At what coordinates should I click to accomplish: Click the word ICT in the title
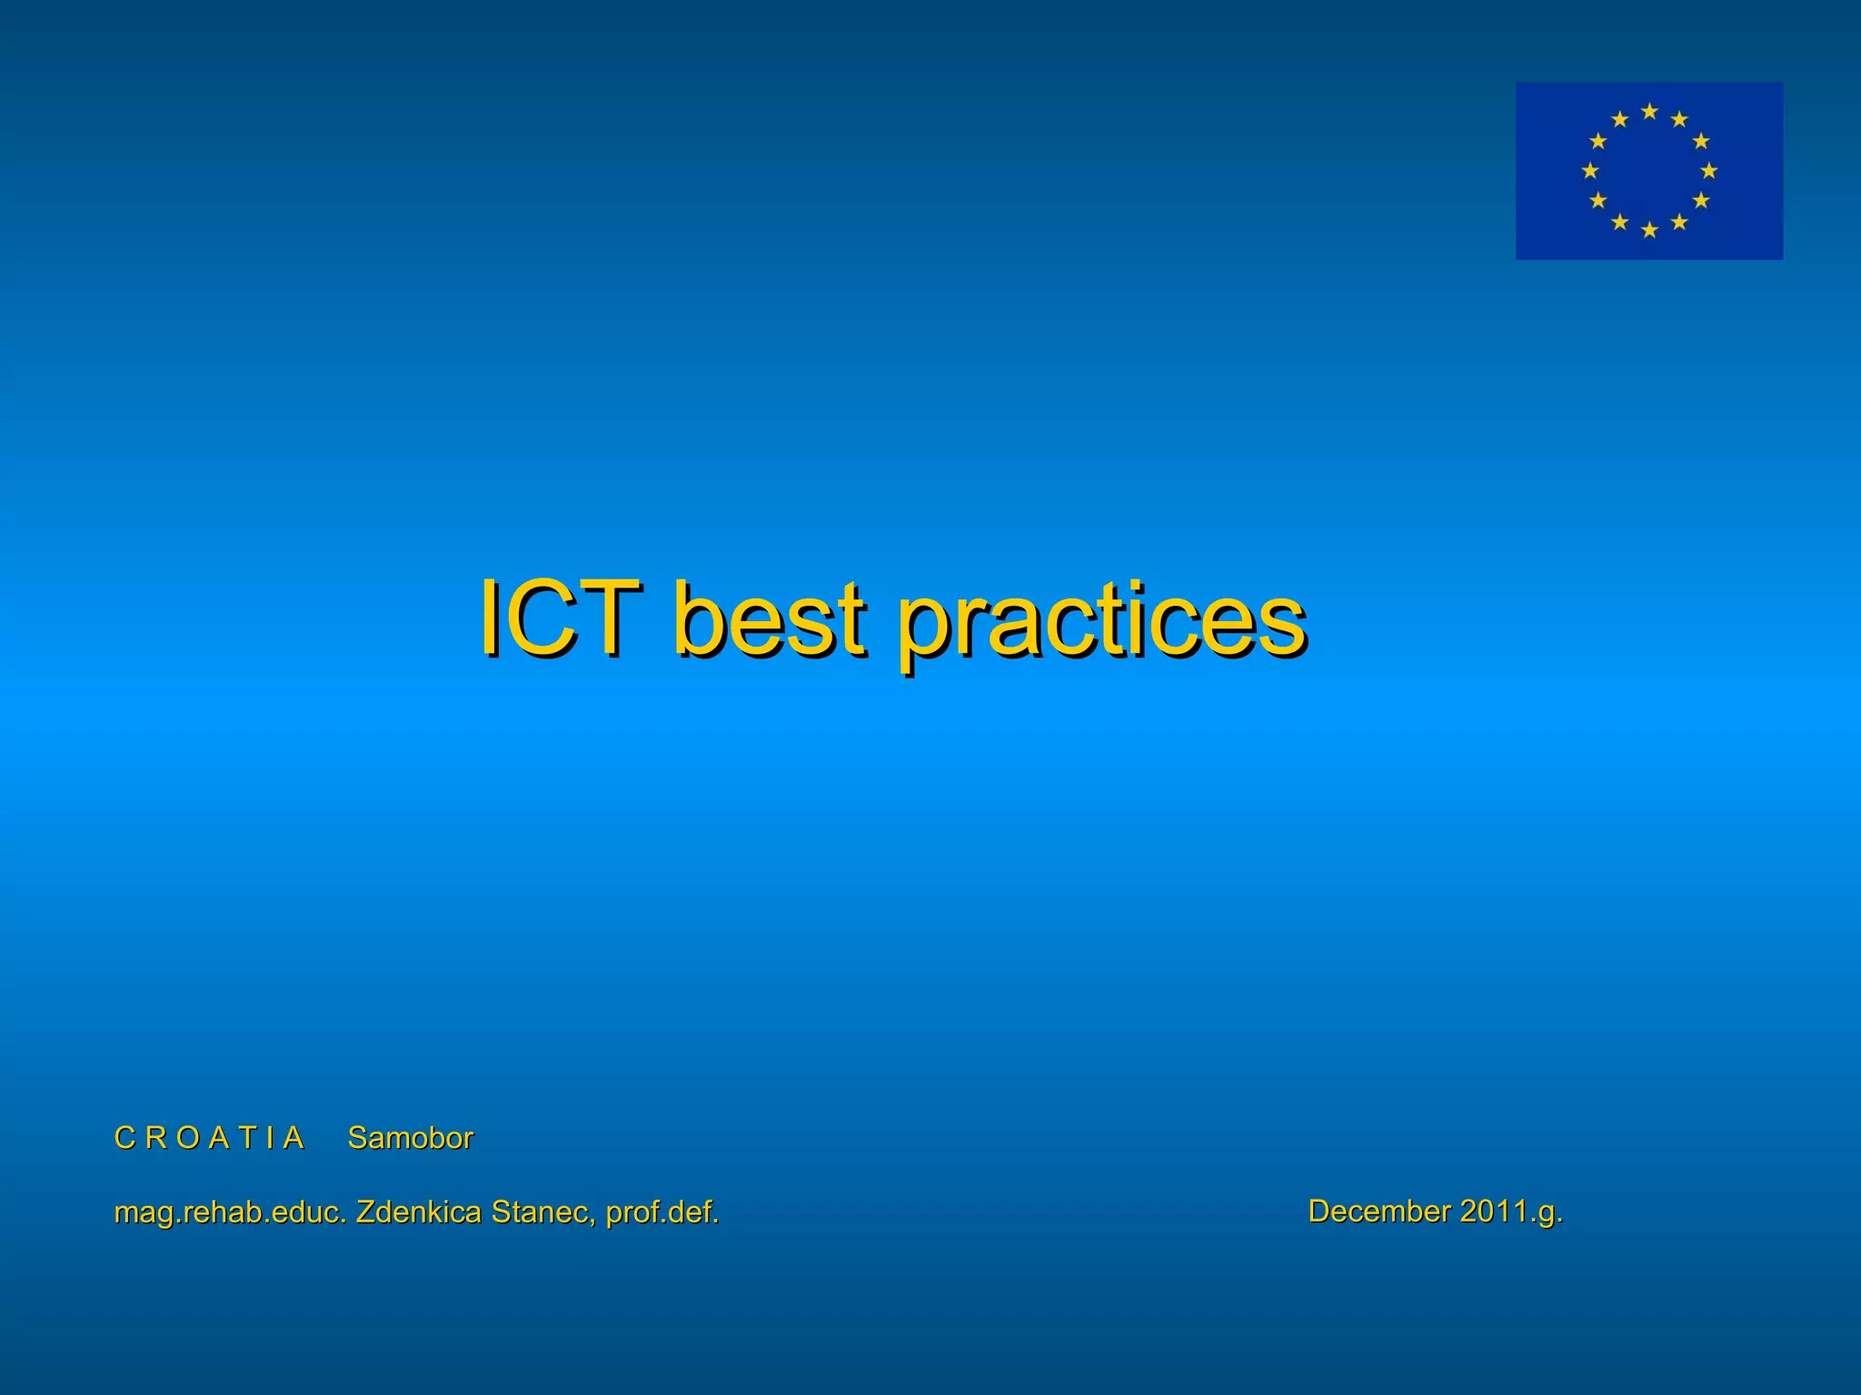coord(558,618)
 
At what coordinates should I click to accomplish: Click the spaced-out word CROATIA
coord(208,1138)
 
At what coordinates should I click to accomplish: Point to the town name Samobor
coord(410,1138)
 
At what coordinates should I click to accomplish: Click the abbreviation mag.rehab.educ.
coord(230,1212)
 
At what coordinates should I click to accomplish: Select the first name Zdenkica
coord(418,1212)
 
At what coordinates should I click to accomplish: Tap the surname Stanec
coord(542,1212)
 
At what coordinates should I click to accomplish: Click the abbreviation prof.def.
coord(662,1212)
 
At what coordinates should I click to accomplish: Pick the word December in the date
coord(1378,1211)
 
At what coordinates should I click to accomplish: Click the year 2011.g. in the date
coord(1511,1212)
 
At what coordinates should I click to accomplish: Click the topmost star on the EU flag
coord(1649,112)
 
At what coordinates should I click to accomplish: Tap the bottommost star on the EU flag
coord(1649,231)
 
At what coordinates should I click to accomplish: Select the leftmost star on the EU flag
coord(1590,171)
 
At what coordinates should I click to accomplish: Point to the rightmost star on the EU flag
coord(1708,171)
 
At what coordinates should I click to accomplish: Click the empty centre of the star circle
coord(1649,171)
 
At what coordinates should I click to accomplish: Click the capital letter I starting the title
coord(490,618)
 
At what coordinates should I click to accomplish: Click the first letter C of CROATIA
coord(124,1138)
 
